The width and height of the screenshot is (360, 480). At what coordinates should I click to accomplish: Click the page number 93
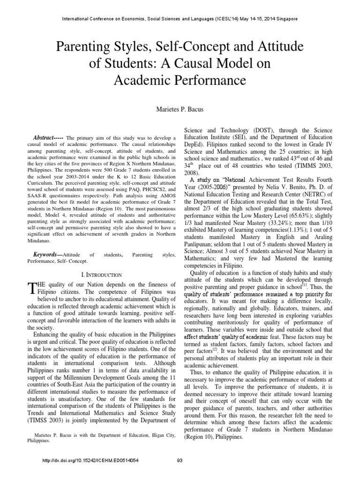tap(180, 460)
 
